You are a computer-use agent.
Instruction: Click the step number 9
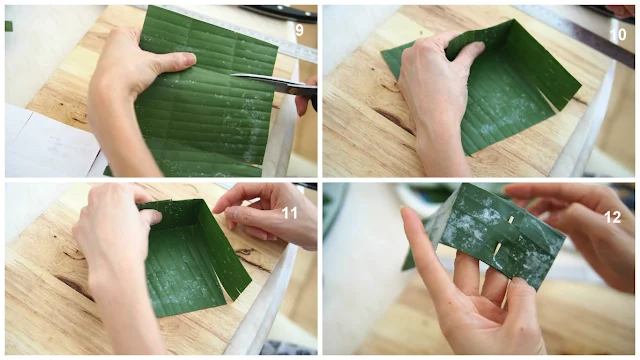pyautogui.click(x=299, y=30)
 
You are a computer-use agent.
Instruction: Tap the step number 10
pyautogui.click(x=618, y=34)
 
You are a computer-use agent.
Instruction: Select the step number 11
pyautogui.click(x=289, y=213)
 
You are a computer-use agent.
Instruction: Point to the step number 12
pyautogui.click(x=612, y=217)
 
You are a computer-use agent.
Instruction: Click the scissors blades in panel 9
pyautogui.click(x=265, y=81)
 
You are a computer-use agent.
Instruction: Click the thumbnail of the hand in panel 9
pyautogui.click(x=189, y=60)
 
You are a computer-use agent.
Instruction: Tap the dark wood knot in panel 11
pyautogui.click(x=78, y=288)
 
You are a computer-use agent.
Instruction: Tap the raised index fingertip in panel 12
pyautogui.click(x=406, y=212)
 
